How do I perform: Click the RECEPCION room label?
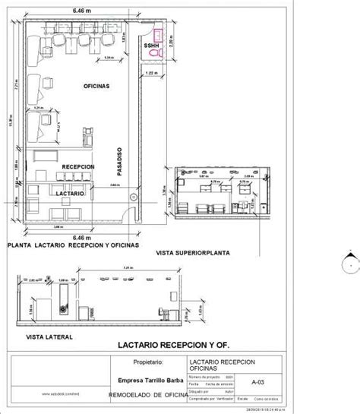[x=78, y=166]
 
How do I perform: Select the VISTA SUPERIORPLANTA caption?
[x=192, y=251]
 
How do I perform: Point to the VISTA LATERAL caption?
[x=49, y=334]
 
